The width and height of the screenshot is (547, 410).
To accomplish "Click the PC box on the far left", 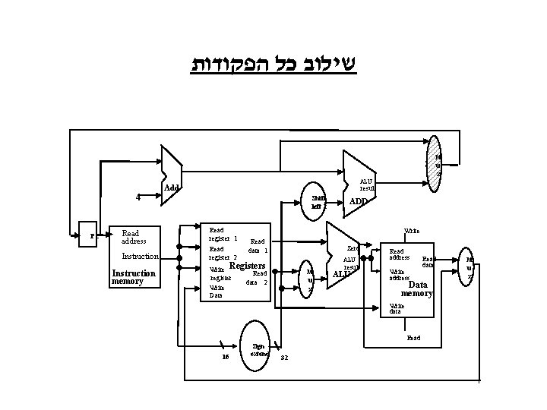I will pos(92,235).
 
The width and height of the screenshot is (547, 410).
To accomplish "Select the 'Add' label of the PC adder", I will pos(172,188).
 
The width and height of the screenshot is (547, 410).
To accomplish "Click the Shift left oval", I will pos(317,202).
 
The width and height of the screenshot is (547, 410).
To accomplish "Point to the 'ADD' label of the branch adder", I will pos(358,202).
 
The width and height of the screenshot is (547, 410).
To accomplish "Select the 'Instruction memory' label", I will pos(134,277).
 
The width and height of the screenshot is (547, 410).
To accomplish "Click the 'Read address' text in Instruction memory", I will pos(138,237).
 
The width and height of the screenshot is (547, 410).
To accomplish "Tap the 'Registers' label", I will pos(247,266).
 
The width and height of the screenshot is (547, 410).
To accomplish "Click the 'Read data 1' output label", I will pos(258,245).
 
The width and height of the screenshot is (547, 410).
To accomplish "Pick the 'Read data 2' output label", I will pos(258,278).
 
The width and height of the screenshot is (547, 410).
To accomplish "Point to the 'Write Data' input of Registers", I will pos(217,292).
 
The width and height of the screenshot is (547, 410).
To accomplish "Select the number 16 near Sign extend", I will pos(225,358).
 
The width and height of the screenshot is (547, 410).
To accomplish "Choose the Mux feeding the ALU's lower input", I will pos(309,280).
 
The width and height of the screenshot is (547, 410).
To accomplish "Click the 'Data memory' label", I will pos(420,289).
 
